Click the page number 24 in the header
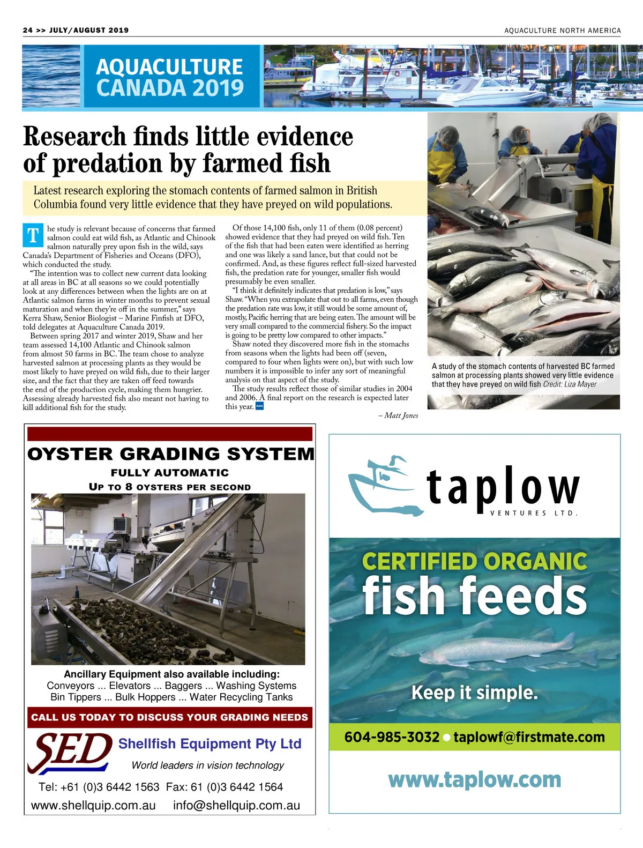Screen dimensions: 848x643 pos(28,30)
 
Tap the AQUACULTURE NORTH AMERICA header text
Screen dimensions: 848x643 pos(562,31)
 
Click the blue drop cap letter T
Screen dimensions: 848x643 pos(33,235)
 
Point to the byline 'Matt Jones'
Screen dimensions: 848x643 pos(401,415)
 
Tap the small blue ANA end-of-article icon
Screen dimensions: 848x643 pos(260,406)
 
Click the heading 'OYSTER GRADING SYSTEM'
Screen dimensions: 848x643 pos(170,454)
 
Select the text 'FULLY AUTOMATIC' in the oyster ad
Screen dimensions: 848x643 pos(170,473)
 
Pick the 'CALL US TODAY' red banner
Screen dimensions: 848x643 pos(169,717)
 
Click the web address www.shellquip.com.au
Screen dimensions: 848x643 pos(93,805)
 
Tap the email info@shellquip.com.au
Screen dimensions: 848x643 pos(236,805)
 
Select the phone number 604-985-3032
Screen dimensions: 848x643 pos(392,737)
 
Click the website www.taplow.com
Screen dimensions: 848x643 pos(474,779)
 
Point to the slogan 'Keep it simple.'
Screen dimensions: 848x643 pos(474,693)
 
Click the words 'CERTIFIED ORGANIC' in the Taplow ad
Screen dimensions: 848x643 pos(474,562)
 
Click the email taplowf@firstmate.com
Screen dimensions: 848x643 pos(529,737)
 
